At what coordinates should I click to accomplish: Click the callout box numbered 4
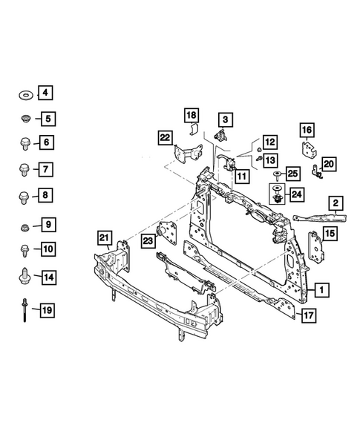pos(46,93)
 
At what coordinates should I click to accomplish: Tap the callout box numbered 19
pos(46,309)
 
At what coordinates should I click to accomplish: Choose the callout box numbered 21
pos(105,238)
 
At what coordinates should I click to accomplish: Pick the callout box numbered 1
pos(321,289)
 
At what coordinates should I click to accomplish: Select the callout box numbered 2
pos(336,203)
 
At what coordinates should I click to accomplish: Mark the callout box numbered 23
pos(148,240)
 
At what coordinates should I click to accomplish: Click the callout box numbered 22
pos(165,137)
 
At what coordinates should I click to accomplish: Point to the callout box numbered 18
pos(192,115)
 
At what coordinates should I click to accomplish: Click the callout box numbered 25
pos(292,174)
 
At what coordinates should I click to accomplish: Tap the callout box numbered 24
pos(296,194)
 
